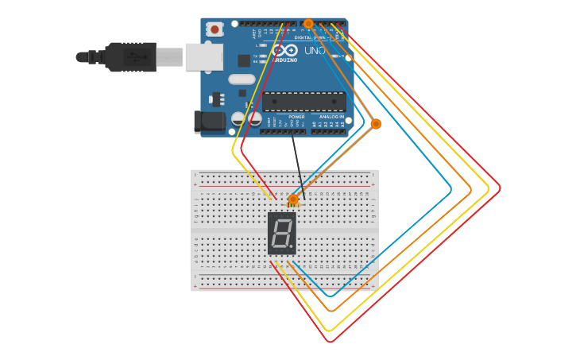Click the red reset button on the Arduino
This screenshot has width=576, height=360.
pos(215,29)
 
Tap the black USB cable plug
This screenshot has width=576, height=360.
pos(131,57)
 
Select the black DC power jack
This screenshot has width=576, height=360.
pos(210,121)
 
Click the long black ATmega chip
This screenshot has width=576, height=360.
pos(304,102)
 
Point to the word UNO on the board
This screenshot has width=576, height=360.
pos(315,51)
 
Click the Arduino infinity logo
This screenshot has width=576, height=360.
pos(284,49)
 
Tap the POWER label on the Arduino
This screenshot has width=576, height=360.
pos(296,117)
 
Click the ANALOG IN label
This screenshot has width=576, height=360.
pos(332,117)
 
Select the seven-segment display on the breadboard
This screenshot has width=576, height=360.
pos(282,233)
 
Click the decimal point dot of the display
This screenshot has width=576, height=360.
pos(292,248)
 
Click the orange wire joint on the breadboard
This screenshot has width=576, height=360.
pos(293,199)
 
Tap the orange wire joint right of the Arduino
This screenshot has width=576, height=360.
pos(376,124)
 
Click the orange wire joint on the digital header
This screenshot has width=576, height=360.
pos(308,23)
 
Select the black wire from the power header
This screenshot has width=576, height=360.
pos(297,163)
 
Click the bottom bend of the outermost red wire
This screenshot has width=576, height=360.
pos(330,342)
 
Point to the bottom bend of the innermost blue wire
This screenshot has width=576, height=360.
pos(331,295)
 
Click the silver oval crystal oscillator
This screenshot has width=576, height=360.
pos(242,79)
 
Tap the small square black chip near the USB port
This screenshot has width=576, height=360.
pos(244,60)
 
